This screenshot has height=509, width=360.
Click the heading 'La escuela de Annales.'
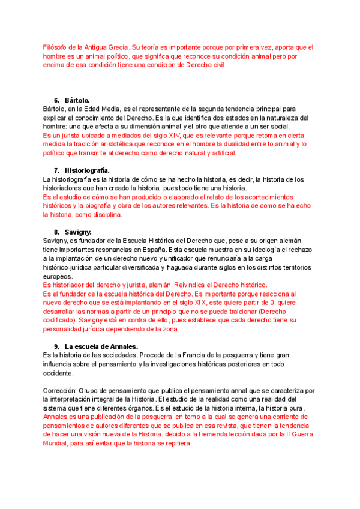point(101,346)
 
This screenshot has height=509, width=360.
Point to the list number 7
point(56,170)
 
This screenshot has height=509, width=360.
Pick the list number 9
point(56,346)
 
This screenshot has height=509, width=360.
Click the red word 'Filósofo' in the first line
point(57,47)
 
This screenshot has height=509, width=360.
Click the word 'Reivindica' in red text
point(185,285)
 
